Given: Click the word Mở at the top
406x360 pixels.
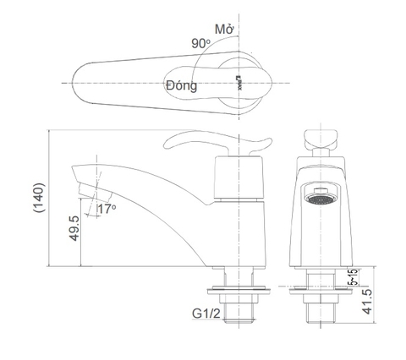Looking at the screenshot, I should coord(223,29).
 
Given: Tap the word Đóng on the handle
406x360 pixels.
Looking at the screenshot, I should coord(182,85).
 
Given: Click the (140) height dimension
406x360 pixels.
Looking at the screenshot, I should coord(35,199).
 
